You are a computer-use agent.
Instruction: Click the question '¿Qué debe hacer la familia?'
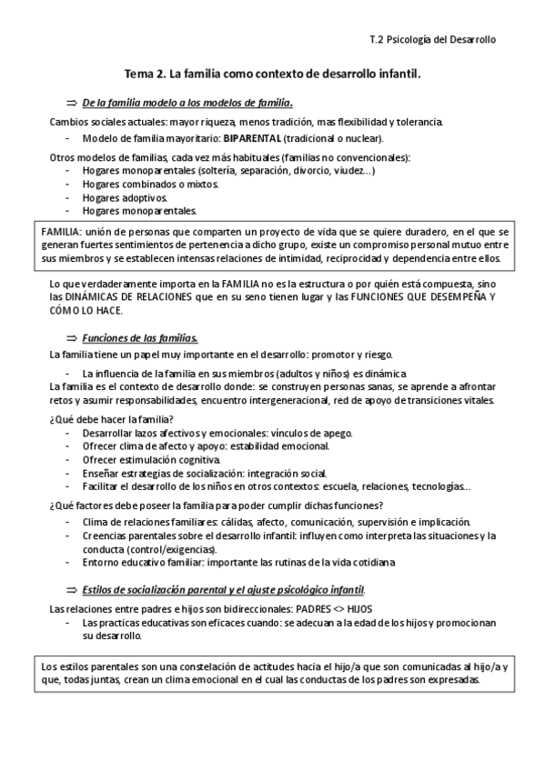111,418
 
